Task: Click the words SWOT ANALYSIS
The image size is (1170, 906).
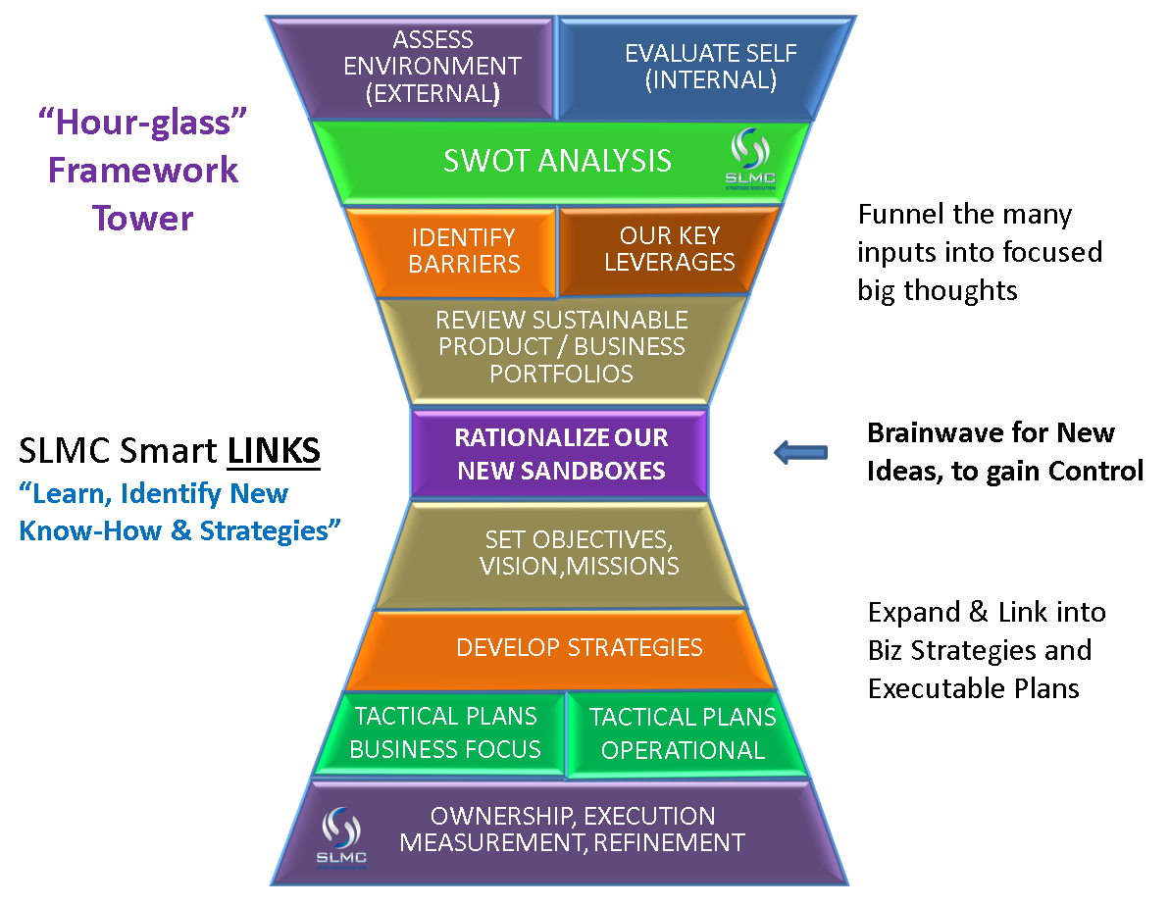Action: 557,161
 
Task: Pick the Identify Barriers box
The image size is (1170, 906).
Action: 464,251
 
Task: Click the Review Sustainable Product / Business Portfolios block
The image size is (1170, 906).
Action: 561,347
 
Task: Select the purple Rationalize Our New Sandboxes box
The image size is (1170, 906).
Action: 560,453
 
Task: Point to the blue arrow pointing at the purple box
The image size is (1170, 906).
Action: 801,452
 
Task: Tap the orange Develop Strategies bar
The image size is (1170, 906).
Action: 579,647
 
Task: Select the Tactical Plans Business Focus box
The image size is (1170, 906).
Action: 445,733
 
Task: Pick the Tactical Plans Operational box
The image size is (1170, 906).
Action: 683,733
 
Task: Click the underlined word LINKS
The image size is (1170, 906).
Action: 274,451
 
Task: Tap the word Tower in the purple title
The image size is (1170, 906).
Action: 143,218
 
